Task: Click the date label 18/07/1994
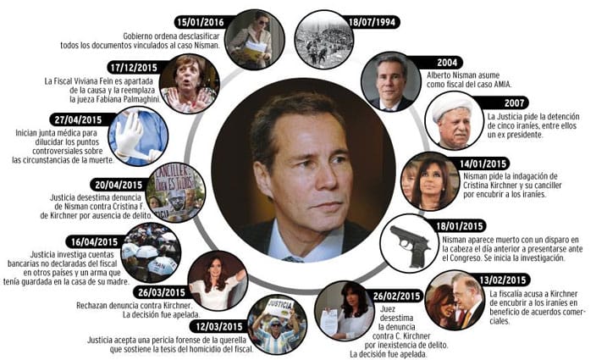(372, 22)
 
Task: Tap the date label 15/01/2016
(201, 22)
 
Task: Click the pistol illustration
(411, 245)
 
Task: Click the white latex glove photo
(138, 136)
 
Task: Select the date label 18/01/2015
(460, 226)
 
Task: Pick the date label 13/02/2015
(503, 280)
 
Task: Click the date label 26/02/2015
(396, 296)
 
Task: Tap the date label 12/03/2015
(219, 327)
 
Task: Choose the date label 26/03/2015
(162, 292)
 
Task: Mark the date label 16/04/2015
(95, 241)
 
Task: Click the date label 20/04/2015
(119, 186)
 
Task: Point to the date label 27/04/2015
(78, 119)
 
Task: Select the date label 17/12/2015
(134, 68)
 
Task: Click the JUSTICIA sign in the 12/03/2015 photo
(280, 306)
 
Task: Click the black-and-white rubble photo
(324, 39)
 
